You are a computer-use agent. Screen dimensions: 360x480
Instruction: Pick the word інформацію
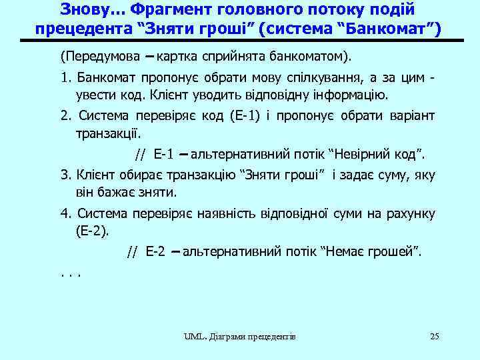(360, 95)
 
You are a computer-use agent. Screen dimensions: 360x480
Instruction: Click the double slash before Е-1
(139, 155)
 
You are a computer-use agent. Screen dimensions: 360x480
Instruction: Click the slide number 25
(435, 336)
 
